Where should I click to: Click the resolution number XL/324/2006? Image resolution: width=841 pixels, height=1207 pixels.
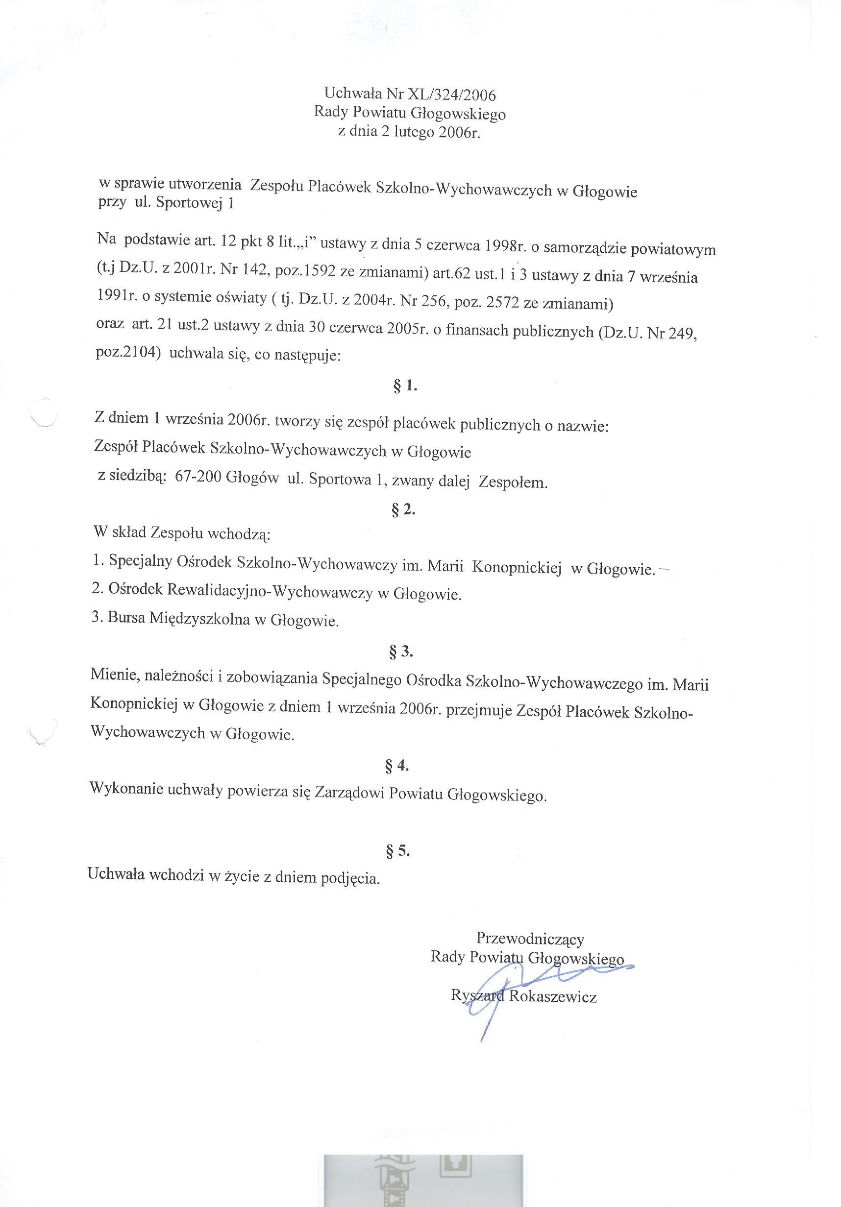pyautogui.click(x=448, y=95)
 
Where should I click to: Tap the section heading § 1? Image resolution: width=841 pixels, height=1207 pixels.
pyautogui.click(x=404, y=386)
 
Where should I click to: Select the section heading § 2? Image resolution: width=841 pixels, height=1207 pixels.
pyautogui.click(x=403, y=510)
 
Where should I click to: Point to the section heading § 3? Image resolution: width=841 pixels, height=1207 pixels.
pyautogui.click(x=401, y=652)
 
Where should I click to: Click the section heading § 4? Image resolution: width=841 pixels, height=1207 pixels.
pyautogui.click(x=397, y=766)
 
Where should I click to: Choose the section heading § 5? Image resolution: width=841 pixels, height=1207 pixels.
pyautogui.click(x=397, y=851)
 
